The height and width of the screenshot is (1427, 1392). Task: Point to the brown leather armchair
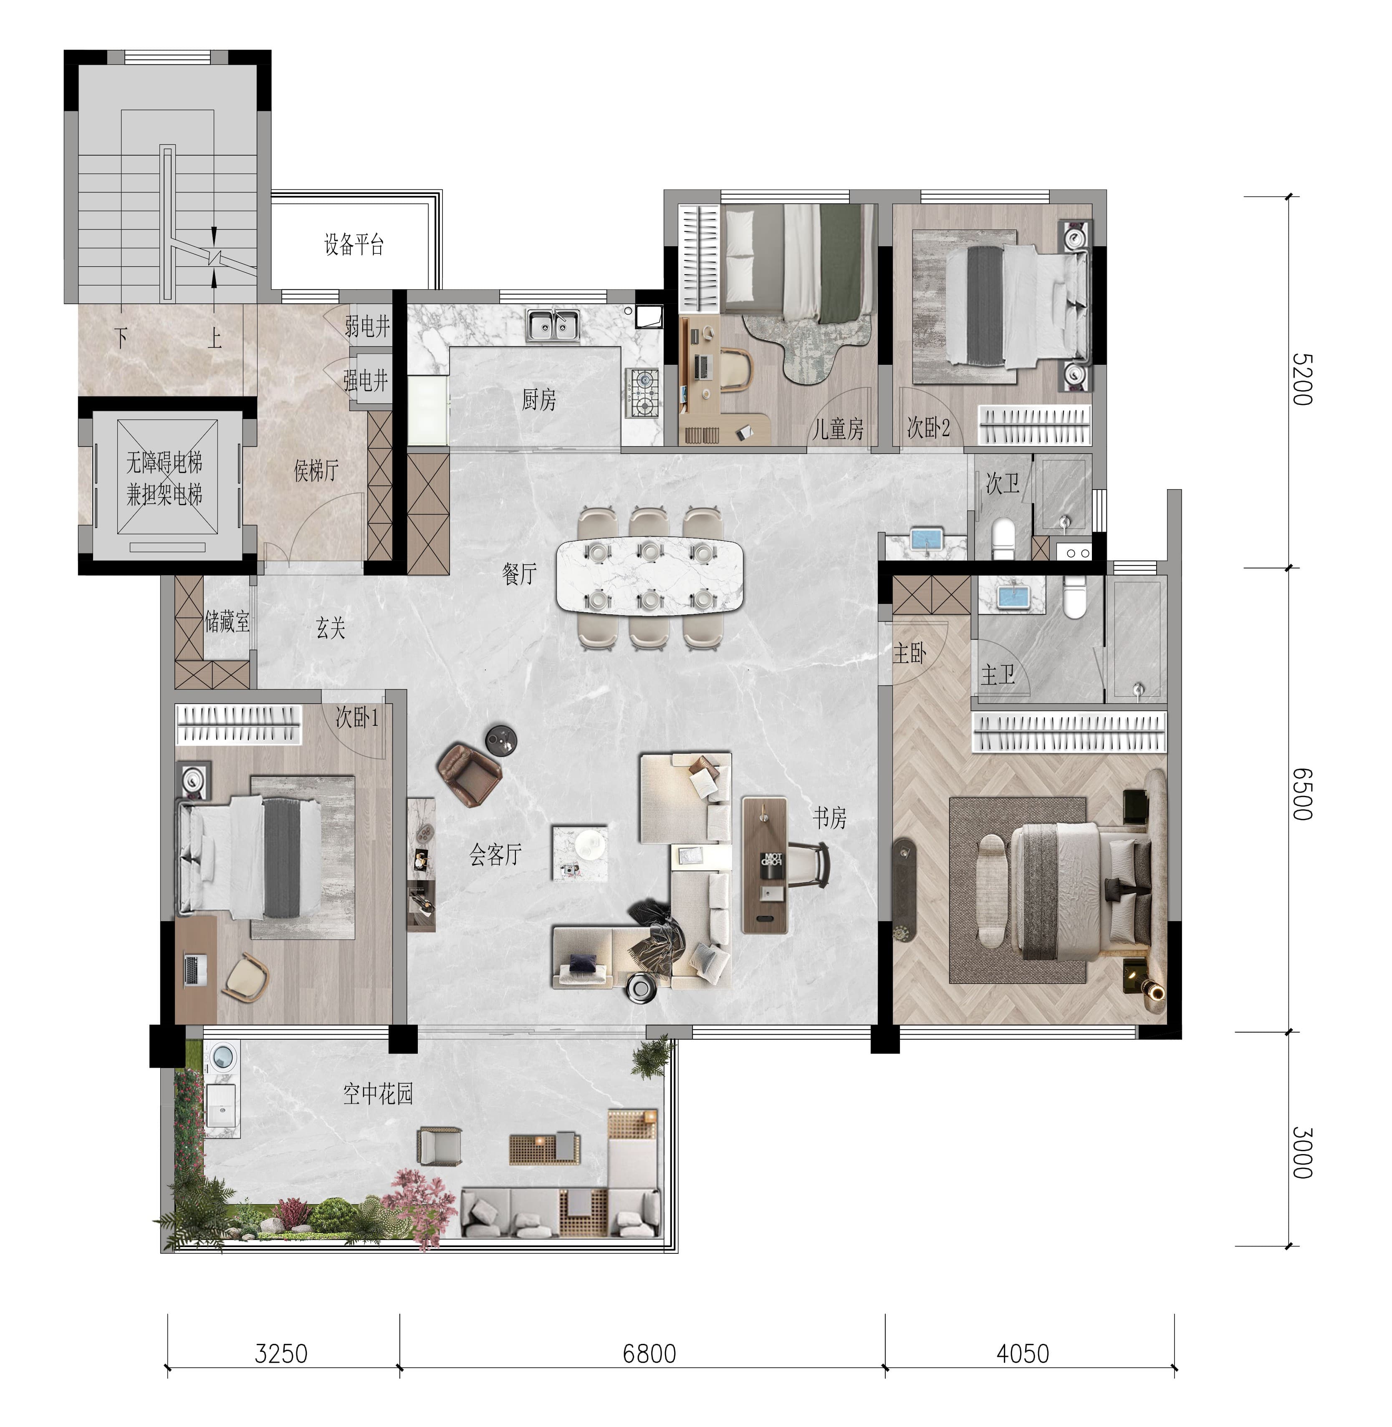[x=470, y=773]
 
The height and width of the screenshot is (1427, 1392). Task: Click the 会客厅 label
[x=496, y=854]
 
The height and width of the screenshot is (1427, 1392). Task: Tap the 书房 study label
[x=829, y=817]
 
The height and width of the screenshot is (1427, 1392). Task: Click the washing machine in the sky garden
[x=222, y=1058]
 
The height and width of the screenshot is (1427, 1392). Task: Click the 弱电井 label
[x=368, y=326]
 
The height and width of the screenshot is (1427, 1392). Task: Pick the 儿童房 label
[x=838, y=428]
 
